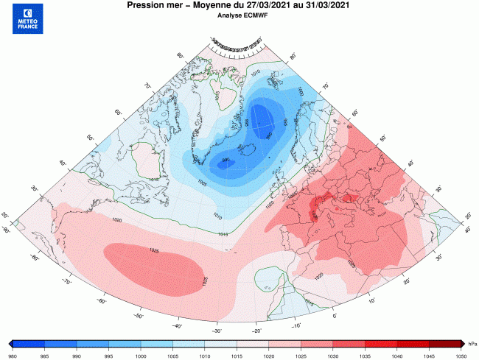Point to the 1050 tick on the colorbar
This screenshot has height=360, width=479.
(x=461, y=353)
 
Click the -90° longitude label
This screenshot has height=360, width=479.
(x=7, y=230)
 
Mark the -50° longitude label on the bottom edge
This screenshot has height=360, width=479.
(x=139, y=315)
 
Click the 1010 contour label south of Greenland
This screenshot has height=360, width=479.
(x=217, y=216)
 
